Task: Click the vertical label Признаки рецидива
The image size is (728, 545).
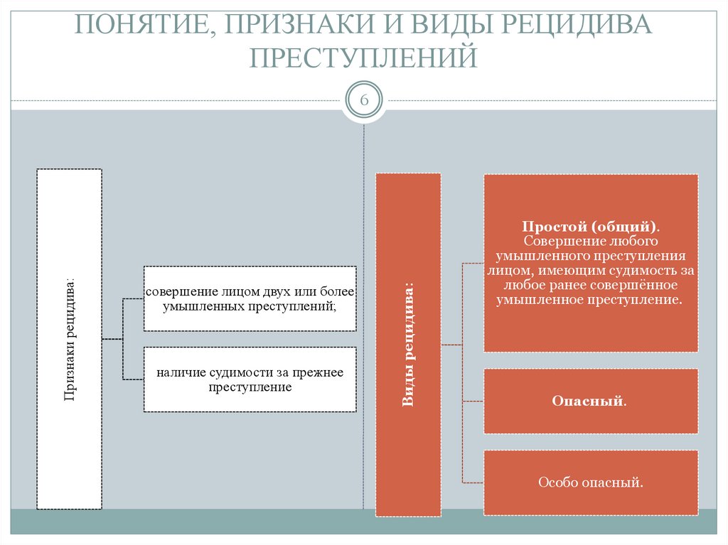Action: coord(69,339)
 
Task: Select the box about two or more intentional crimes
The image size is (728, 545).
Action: coord(250,299)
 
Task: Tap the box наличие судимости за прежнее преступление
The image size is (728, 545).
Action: coord(250,380)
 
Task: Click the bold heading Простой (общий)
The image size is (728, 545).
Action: coord(590,227)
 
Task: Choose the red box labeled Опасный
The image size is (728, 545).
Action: coord(590,401)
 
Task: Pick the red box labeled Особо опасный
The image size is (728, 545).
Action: coord(590,483)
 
